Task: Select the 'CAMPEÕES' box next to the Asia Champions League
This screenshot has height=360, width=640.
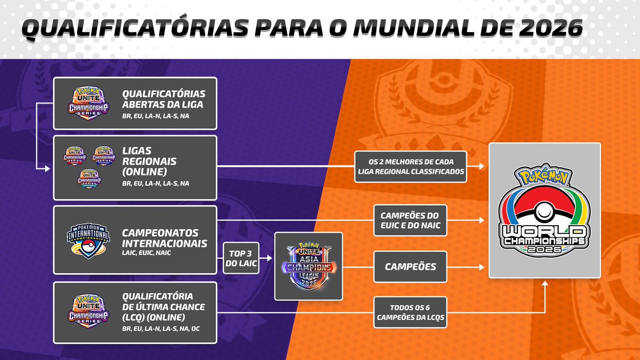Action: [x=409, y=266]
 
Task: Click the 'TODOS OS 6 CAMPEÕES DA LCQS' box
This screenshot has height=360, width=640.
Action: [x=410, y=311]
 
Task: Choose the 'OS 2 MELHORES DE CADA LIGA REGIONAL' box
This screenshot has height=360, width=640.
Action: [x=410, y=166]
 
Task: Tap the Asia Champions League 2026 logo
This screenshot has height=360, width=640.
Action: [x=308, y=266]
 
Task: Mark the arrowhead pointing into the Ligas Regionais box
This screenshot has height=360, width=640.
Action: [x=46, y=168]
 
